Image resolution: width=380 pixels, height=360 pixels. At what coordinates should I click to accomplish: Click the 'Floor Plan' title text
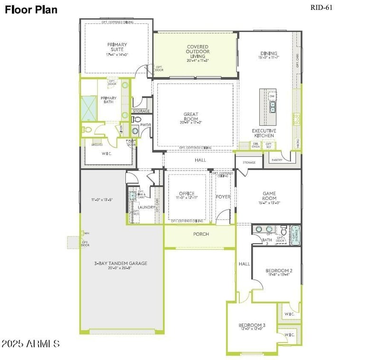click(x=31, y=9)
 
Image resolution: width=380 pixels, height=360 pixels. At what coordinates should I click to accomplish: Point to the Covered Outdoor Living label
click(x=197, y=52)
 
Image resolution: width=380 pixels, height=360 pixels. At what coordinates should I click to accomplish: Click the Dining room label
click(x=268, y=54)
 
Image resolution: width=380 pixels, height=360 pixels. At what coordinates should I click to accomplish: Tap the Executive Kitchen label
click(x=264, y=133)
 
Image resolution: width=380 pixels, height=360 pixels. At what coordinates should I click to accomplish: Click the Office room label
click(x=187, y=194)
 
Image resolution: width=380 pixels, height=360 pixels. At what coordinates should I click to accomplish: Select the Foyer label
click(x=223, y=197)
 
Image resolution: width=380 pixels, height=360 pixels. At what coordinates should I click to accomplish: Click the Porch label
click(x=200, y=234)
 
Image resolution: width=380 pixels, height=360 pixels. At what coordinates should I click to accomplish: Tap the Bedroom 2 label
click(x=278, y=271)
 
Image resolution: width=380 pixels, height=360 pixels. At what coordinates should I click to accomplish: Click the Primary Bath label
click(x=108, y=101)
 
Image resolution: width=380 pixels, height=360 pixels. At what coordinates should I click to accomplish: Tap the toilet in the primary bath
click(x=87, y=129)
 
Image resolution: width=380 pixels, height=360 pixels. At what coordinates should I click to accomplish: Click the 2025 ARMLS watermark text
click(x=30, y=343)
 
